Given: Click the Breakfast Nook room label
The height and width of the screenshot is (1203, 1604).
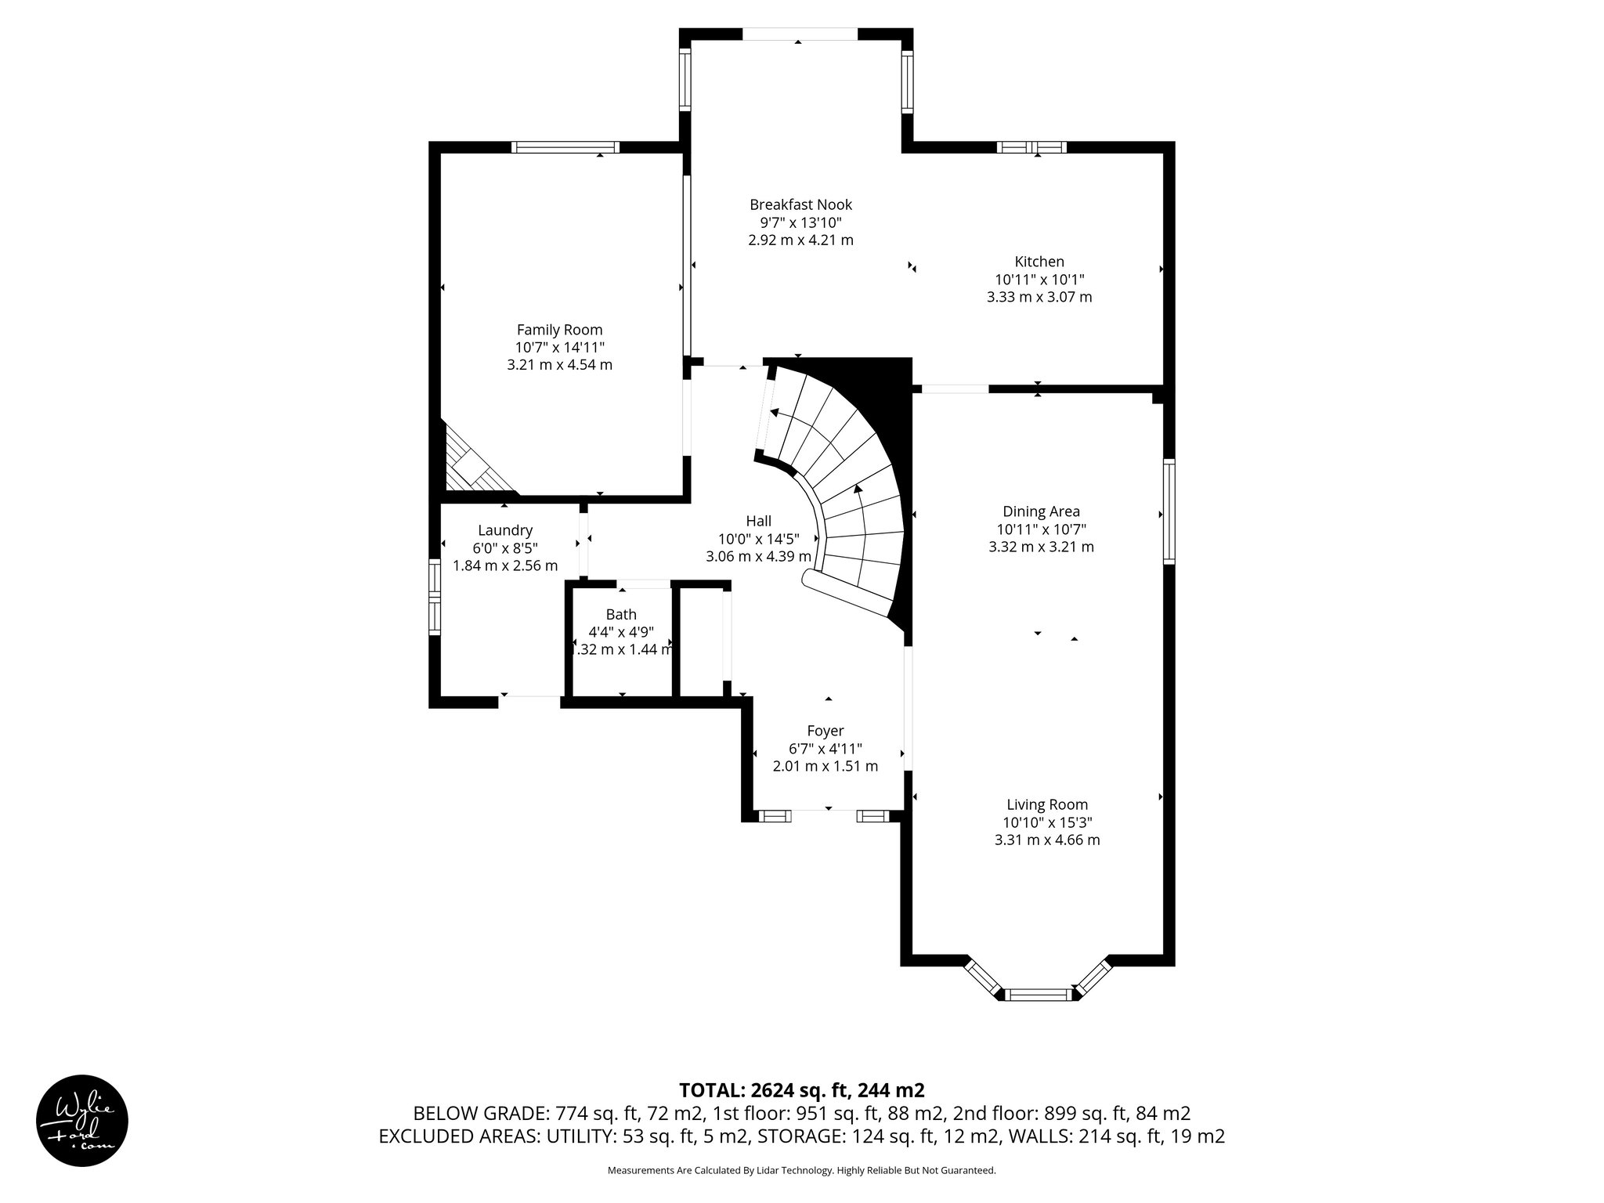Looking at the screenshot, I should coord(800,204).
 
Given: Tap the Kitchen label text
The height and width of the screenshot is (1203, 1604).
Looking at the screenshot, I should coord(1039,262).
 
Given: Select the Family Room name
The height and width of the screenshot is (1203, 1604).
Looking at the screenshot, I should coord(559,330).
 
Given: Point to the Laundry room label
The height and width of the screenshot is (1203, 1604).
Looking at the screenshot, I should coord(505,530).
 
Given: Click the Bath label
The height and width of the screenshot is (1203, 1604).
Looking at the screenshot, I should coord(621,615).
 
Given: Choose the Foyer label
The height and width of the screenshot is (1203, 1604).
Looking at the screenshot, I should coord(825,731).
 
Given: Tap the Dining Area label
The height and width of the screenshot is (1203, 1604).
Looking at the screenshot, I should coord(1041,511).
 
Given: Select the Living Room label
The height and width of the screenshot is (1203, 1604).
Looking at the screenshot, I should coord(1047,804).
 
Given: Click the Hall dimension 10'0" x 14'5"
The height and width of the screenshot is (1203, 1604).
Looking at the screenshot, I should coord(758,539).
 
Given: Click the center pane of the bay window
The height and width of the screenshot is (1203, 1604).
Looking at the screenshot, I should coord(1037,995).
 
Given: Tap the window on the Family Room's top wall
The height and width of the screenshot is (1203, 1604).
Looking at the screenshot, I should coord(565,147).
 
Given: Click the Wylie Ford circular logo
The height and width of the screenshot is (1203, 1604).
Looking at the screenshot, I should coord(82,1120).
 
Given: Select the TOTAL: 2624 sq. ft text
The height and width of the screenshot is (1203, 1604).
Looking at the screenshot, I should coord(801,1090).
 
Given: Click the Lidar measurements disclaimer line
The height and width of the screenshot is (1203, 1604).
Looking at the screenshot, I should coord(801,1171).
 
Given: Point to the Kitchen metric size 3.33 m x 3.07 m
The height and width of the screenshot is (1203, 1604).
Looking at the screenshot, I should coord(1039,297).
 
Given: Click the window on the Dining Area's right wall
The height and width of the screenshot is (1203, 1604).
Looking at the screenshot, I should coord(1169,512).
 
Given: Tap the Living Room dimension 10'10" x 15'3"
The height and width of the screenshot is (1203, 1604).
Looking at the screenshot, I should coord(1047,822).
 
